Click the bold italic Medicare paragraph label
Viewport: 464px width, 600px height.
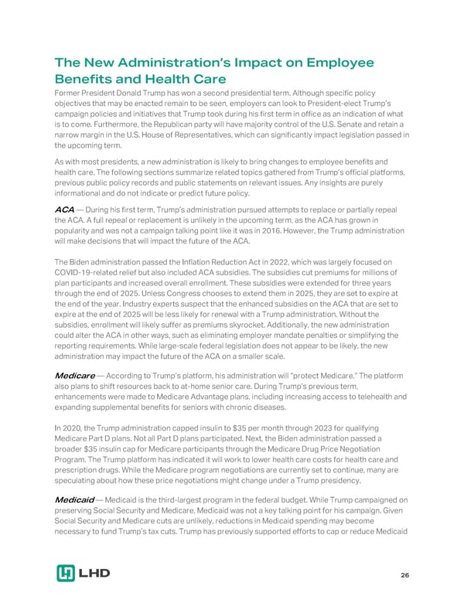click(x=75, y=375)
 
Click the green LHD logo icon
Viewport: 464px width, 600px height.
click(x=66, y=574)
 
